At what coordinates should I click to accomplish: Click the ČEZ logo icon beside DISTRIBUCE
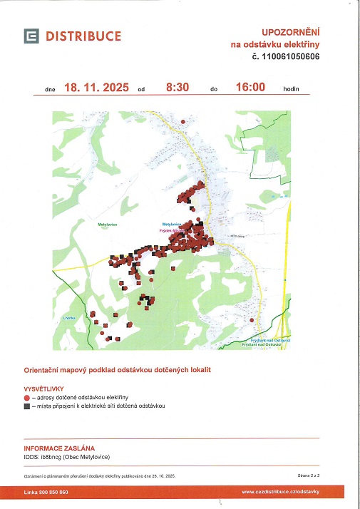coord(31,36)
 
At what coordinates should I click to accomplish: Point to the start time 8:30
coord(177,88)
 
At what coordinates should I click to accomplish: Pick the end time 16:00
coord(250,88)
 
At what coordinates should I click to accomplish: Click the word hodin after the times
coord(290,90)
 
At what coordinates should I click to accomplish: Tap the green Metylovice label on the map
coord(107,224)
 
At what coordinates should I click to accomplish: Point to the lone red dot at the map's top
coord(183,122)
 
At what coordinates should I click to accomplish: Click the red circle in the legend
coord(27,397)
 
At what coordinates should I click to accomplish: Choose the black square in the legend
coord(27,406)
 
